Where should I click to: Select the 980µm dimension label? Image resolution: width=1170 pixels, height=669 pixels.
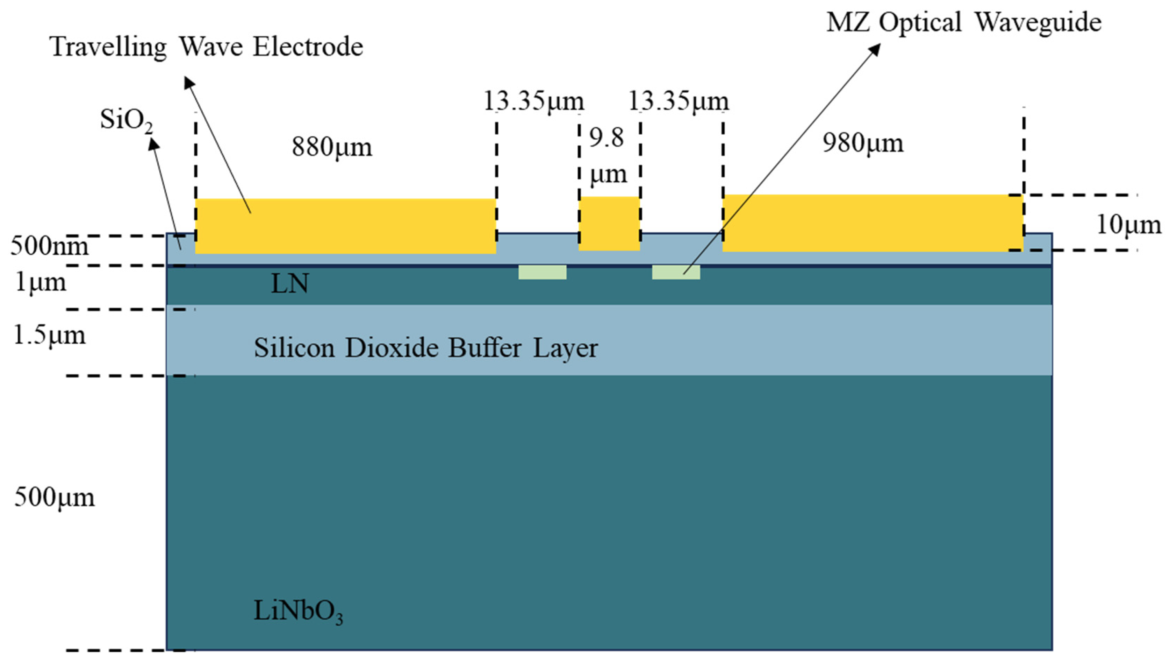point(862,143)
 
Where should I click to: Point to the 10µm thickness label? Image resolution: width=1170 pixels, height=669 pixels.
point(1128,225)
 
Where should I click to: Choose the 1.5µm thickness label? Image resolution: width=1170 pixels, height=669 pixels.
point(49,336)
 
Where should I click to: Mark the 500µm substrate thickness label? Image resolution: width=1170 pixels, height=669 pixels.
point(54,497)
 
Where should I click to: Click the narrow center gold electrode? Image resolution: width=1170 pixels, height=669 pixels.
point(609,224)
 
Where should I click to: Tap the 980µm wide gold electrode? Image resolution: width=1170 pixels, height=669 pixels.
point(872,223)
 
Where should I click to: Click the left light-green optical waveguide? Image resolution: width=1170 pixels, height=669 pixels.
point(542,272)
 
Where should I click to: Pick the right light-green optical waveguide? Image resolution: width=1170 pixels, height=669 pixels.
point(676,272)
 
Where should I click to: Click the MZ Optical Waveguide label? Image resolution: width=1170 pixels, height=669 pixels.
point(963,22)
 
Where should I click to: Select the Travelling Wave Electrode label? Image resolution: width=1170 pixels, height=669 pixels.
point(207,47)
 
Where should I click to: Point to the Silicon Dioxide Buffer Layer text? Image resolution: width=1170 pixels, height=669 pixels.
point(425,348)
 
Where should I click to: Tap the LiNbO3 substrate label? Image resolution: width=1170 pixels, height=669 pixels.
point(298,612)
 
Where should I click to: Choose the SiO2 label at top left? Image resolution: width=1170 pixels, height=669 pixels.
point(126,120)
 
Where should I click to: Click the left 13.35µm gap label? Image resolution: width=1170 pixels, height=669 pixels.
point(533,101)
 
